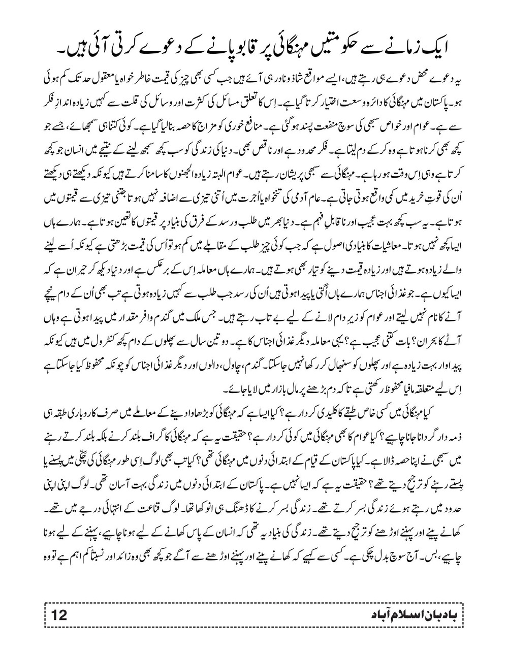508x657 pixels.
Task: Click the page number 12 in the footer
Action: [59, 615]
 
